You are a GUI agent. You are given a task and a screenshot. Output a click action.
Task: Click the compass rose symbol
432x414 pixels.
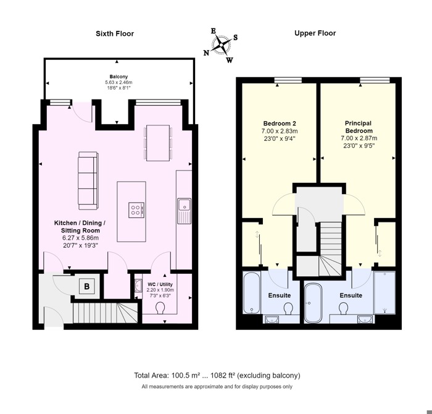[221, 45]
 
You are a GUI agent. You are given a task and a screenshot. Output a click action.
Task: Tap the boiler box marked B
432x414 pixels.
[87, 286]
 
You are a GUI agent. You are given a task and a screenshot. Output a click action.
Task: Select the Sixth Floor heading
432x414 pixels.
[115, 33]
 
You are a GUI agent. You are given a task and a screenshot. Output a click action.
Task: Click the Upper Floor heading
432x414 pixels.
[315, 33]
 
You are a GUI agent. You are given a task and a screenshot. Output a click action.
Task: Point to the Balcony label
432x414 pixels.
[118, 77]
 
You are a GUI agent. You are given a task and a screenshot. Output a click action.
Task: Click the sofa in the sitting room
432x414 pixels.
[88, 180]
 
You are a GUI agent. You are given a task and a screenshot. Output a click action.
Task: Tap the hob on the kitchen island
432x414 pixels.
[136, 209]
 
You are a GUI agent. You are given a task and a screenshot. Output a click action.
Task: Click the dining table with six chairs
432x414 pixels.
[158, 143]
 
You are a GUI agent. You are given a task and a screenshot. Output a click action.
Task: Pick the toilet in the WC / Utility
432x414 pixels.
[160, 308]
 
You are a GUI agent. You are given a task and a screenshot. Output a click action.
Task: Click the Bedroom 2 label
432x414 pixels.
[280, 124]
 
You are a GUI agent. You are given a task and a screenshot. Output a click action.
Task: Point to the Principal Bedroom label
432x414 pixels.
[359, 127]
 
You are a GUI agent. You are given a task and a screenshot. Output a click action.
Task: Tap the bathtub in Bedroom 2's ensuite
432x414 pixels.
[251, 293]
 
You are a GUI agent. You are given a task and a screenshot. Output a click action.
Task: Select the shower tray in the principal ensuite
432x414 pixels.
[384, 292]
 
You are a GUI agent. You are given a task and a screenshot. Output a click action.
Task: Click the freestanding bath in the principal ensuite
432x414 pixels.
[313, 303]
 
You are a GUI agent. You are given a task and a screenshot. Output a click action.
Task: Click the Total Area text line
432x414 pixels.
[217, 376]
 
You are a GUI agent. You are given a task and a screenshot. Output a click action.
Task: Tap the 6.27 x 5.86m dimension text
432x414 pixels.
[80, 238]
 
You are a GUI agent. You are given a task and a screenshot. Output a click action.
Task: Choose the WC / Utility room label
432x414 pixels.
[160, 284]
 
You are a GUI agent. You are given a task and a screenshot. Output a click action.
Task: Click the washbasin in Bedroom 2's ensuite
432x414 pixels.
[272, 319]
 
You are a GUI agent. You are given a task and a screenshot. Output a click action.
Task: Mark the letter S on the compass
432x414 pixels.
[235, 38]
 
